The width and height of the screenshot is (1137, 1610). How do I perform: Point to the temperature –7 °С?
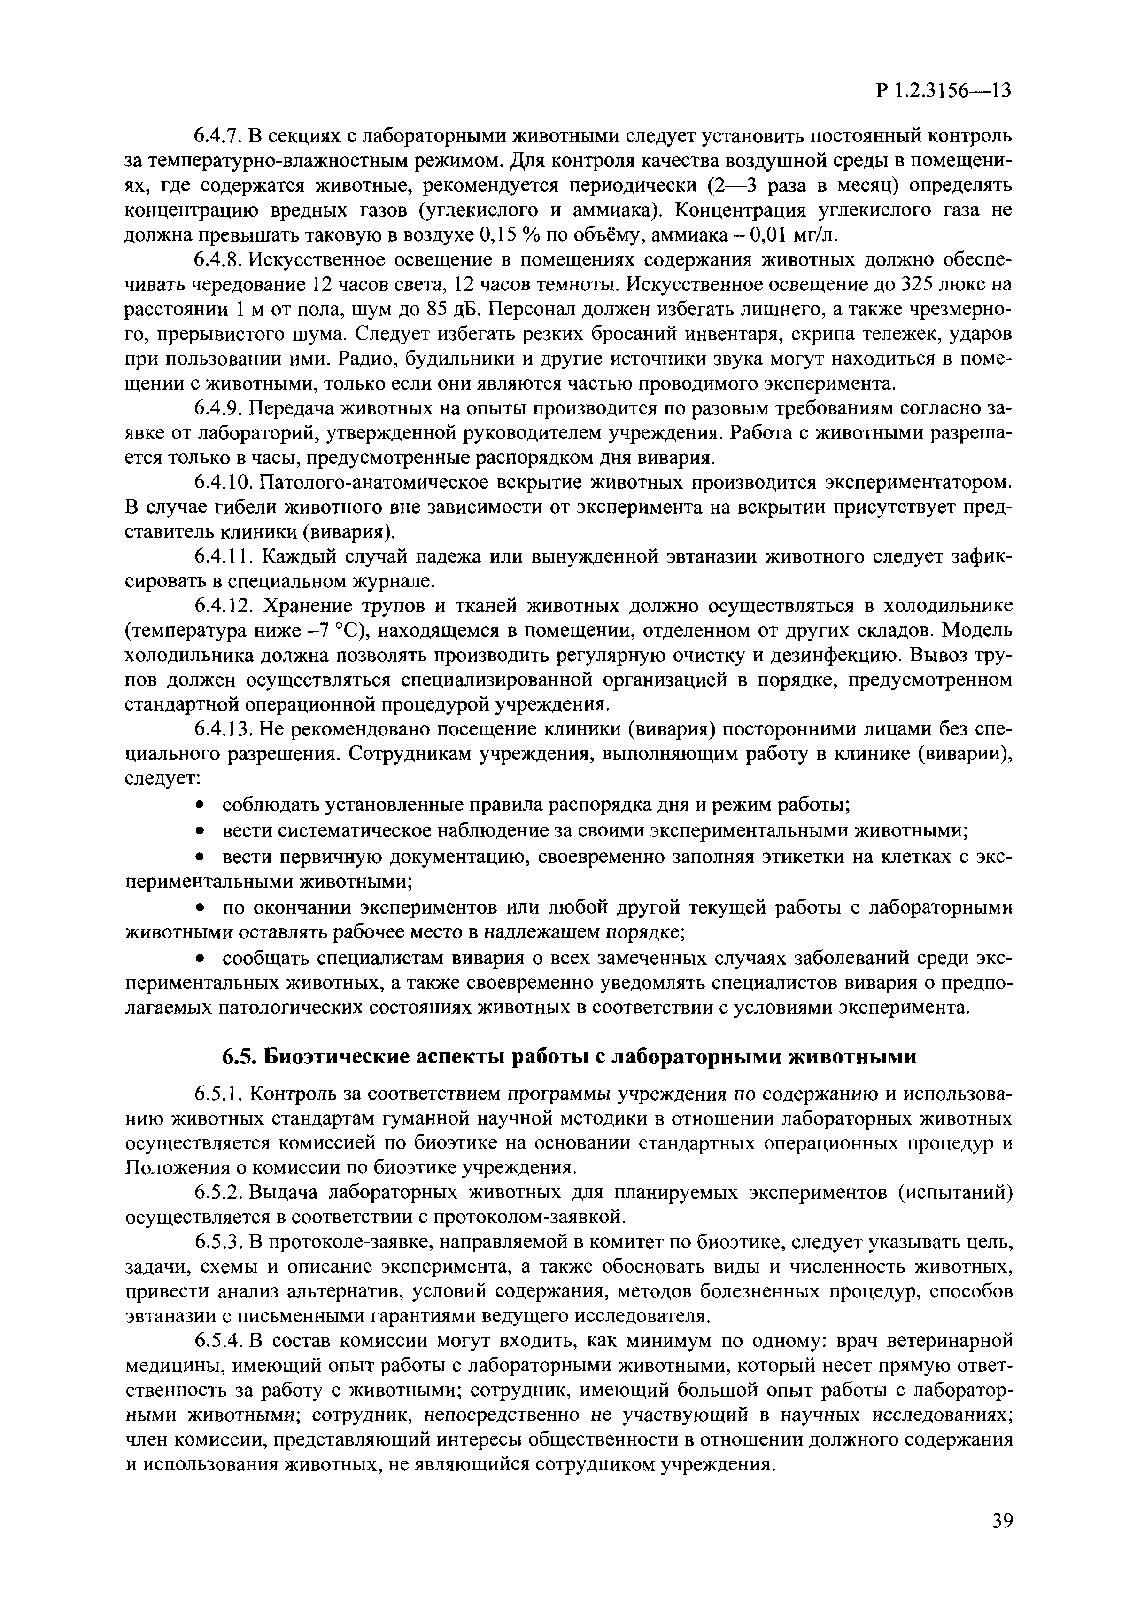coord(335,630)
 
